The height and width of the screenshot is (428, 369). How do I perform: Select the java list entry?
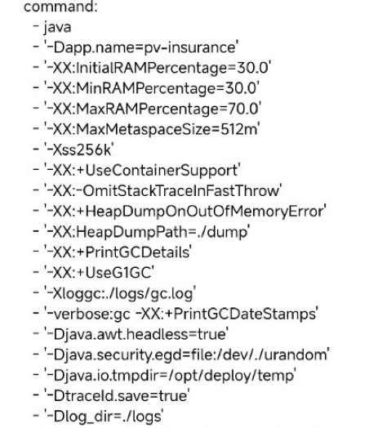(x=57, y=28)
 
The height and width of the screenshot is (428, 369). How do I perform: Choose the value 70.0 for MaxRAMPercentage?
(x=242, y=109)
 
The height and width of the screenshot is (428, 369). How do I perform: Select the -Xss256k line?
(x=79, y=149)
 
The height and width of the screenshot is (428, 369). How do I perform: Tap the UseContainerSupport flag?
(x=162, y=171)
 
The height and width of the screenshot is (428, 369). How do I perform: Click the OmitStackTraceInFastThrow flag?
(x=181, y=191)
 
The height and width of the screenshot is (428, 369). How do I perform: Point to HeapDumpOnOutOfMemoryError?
(x=204, y=212)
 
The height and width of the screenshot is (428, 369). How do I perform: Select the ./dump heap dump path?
(x=218, y=232)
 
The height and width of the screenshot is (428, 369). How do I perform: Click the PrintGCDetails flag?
(x=137, y=252)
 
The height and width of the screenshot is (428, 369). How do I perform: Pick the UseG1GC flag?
(x=118, y=273)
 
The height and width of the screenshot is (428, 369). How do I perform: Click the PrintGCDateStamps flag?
(x=245, y=314)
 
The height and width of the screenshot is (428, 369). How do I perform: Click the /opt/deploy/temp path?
(x=231, y=376)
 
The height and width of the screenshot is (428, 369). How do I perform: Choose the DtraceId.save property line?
(x=117, y=396)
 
